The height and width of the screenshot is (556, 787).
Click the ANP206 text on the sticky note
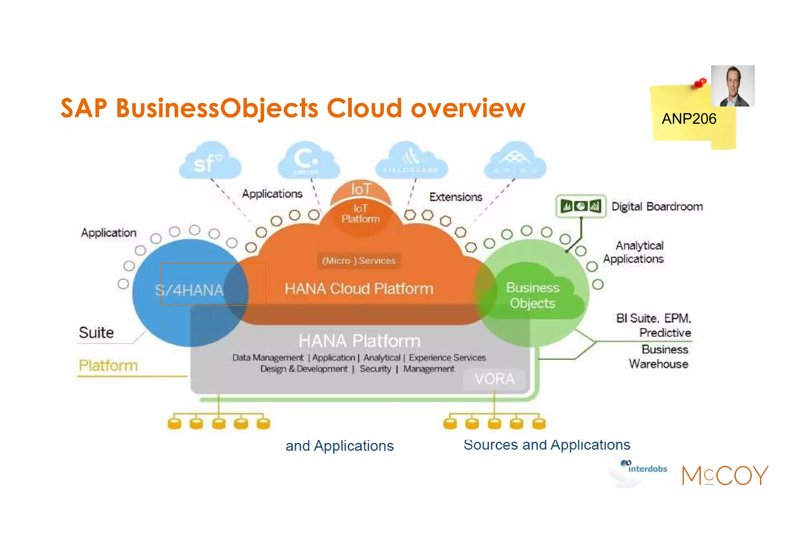click(689, 119)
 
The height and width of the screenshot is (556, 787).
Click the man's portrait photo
click(732, 86)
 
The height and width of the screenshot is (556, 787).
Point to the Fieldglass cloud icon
click(411, 161)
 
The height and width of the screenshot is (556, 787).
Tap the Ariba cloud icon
click(515, 161)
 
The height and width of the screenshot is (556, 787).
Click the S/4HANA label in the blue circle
click(189, 290)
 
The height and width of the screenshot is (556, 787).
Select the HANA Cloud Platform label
click(359, 289)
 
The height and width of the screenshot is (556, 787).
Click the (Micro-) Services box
click(359, 261)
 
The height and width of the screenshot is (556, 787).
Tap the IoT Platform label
click(360, 214)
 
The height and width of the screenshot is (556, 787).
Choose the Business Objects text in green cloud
click(532, 295)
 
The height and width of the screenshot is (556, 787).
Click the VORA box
click(494, 379)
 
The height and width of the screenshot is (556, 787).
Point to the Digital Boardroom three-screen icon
click(581, 206)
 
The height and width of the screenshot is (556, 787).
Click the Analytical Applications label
click(634, 252)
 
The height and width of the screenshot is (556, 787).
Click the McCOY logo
click(725, 475)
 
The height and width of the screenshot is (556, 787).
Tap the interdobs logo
click(643, 468)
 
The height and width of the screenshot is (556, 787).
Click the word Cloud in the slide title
click(364, 108)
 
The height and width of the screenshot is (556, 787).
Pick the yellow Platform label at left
click(108, 365)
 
